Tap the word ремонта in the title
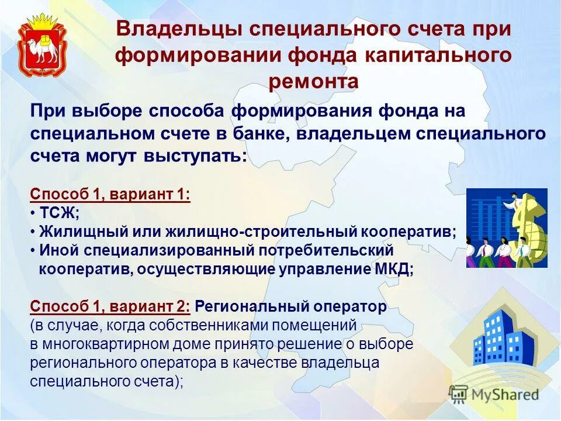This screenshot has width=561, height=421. tap(313, 81)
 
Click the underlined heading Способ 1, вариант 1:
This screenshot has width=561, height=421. tap(110, 194)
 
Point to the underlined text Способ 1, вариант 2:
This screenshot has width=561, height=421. tap(110, 306)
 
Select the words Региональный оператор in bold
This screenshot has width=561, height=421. tap(290, 306)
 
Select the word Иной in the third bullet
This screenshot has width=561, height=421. tap(56, 250)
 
